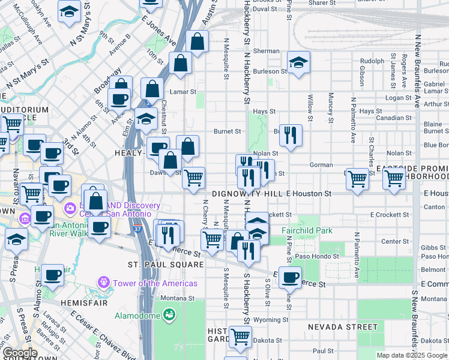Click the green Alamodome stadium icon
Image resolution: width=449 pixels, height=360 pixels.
[x=169, y=314]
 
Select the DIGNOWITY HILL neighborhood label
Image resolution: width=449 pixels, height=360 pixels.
[x=248, y=194]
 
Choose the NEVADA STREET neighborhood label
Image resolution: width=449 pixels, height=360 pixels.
[x=343, y=327]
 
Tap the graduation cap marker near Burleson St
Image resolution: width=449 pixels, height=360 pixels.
[x=298, y=62]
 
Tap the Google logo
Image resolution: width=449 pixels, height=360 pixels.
[x=19, y=353]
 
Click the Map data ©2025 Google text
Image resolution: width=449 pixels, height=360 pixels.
[x=412, y=355]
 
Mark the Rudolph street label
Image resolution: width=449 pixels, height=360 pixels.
[x=372, y=61]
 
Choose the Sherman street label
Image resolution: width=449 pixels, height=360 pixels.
[x=267, y=51]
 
